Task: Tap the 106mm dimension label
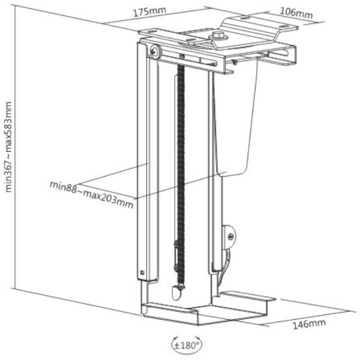point(297,12)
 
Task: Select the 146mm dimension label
point(309,324)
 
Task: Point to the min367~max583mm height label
point(8,147)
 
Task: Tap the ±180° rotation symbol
point(187,345)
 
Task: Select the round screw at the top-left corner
point(156,51)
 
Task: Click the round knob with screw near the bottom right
point(229,236)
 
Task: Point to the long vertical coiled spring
point(181,175)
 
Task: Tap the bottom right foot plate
point(248,296)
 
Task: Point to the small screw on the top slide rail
point(182,56)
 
